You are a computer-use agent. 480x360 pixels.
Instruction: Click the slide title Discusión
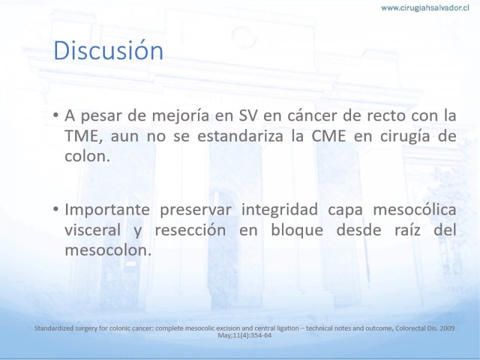click(109, 50)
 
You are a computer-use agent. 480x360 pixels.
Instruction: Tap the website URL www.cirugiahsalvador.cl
click(425, 8)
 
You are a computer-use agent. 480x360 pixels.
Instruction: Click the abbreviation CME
click(329, 136)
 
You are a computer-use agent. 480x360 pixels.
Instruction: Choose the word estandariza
click(241, 136)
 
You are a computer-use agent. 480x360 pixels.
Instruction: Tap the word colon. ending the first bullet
click(87, 156)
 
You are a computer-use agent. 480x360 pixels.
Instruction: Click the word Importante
click(107, 210)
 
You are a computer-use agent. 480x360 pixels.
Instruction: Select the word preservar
click(196, 210)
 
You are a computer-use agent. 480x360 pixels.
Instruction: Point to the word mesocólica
click(415, 209)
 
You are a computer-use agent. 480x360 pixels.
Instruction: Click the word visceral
click(93, 230)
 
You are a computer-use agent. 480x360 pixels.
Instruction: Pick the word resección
click(190, 230)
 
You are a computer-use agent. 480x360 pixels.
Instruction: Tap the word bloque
click(297, 230)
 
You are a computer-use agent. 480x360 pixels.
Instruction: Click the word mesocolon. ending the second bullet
click(109, 250)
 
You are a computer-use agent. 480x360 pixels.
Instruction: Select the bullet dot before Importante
click(55, 209)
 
